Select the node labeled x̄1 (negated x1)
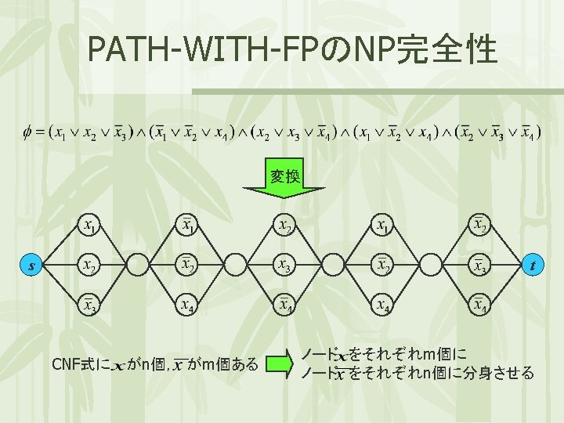[x=186, y=227]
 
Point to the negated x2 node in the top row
[x=479, y=227]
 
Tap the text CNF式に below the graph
[x=79, y=365]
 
